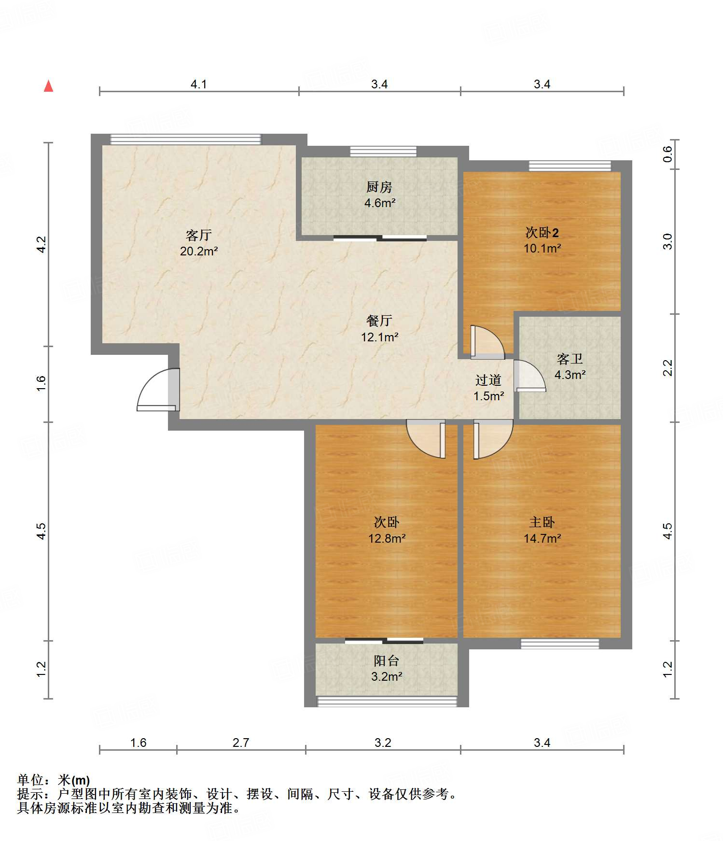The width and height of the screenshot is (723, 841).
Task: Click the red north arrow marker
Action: pos(48,86)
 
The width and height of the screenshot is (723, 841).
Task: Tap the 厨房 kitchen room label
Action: pos(379,187)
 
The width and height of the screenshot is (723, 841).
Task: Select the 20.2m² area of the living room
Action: pos(199,252)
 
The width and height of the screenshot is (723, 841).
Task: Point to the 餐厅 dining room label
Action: pos(379,321)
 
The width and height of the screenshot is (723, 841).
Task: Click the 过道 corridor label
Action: pos(488,380)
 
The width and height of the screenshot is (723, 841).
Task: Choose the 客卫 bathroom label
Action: pos(570,359)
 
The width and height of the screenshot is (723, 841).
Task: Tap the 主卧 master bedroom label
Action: pos(542,522)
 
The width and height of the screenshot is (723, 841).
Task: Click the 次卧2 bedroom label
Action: pos(542,233)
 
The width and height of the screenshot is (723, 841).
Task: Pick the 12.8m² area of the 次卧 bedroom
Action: pos(387,538)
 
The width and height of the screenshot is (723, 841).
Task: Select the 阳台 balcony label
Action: pos(387,660)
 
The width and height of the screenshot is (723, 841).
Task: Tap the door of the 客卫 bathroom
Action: pos(529,376)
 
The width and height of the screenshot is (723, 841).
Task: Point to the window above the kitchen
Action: pos(383,152)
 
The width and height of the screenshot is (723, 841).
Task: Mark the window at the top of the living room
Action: pos(186,140)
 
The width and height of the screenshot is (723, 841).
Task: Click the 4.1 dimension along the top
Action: pos(199,84)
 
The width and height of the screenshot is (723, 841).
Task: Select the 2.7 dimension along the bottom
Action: pos(241,743)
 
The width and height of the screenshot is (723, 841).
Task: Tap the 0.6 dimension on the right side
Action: pos(667,154)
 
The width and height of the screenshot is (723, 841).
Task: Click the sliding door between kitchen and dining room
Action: pos(380,238)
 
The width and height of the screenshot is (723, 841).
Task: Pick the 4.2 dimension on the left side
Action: pos(42,244)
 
